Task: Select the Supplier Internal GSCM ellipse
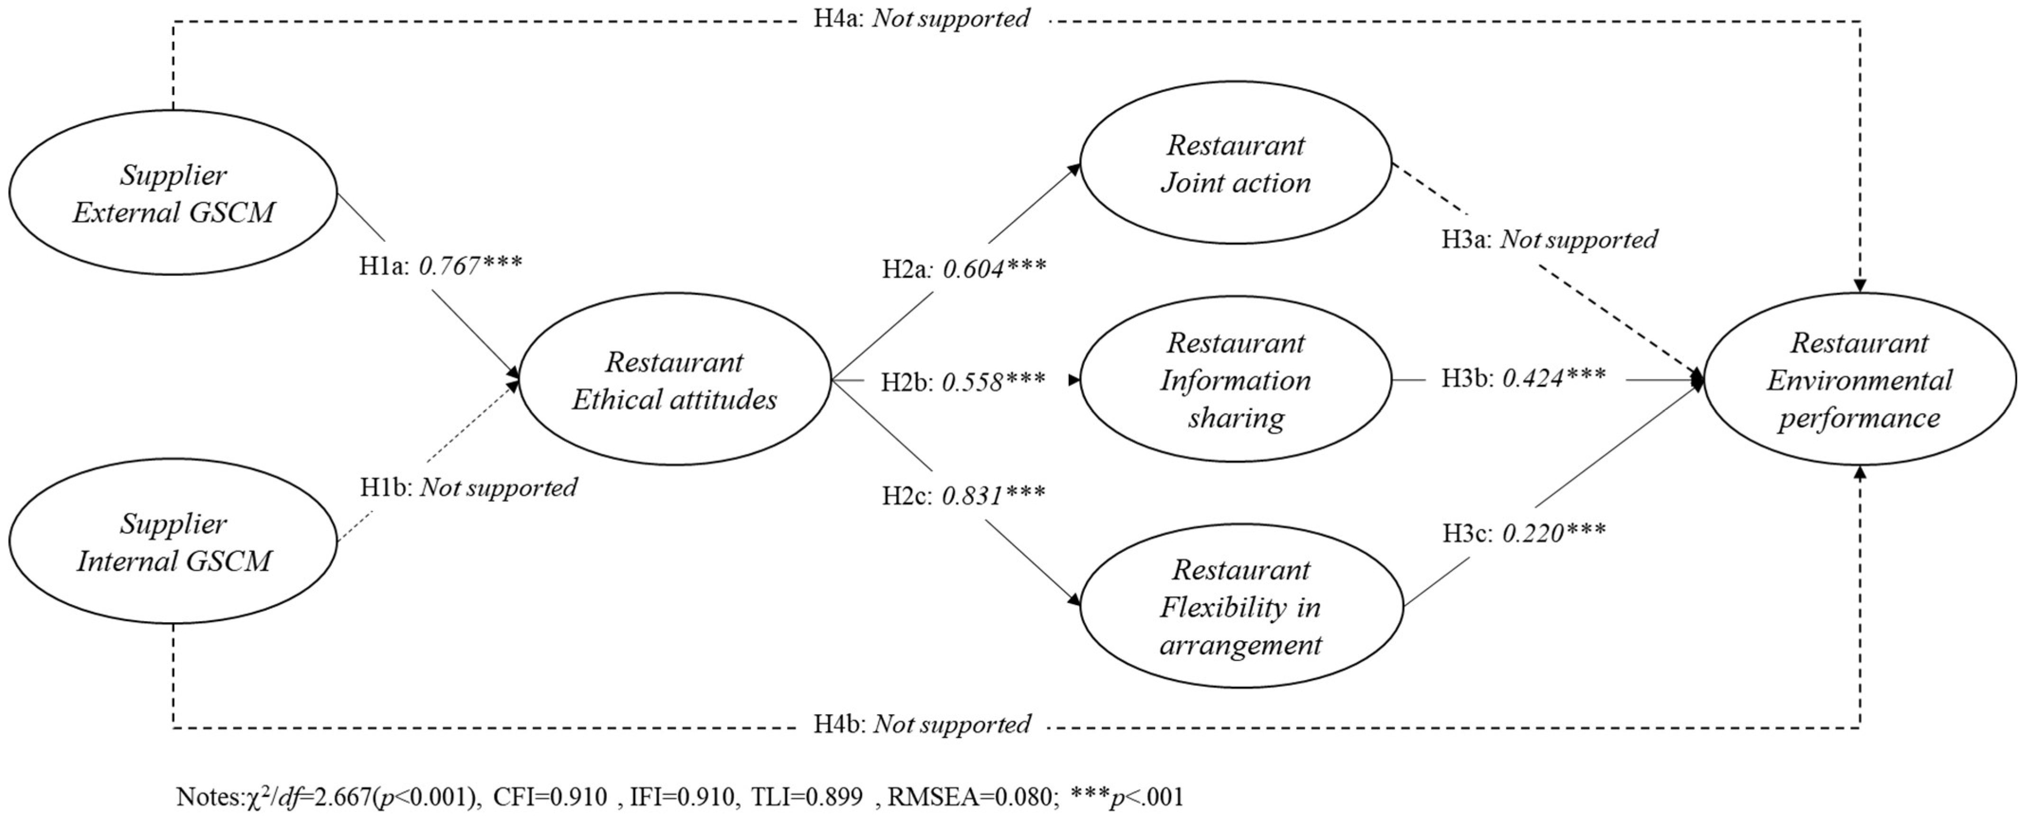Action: pyautogui.click(x=173, y=542)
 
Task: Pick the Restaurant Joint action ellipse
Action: pyautogui.click(x=1236, y=164)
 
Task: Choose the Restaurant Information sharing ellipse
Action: pyautogui.click(x=1236, y=380)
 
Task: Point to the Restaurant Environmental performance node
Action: pyautogui.click(x=1859, y=380)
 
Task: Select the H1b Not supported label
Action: pyautogui.click(x=499, y=487)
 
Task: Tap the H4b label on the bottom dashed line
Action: pyautogui.click(x=922, y=724)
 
